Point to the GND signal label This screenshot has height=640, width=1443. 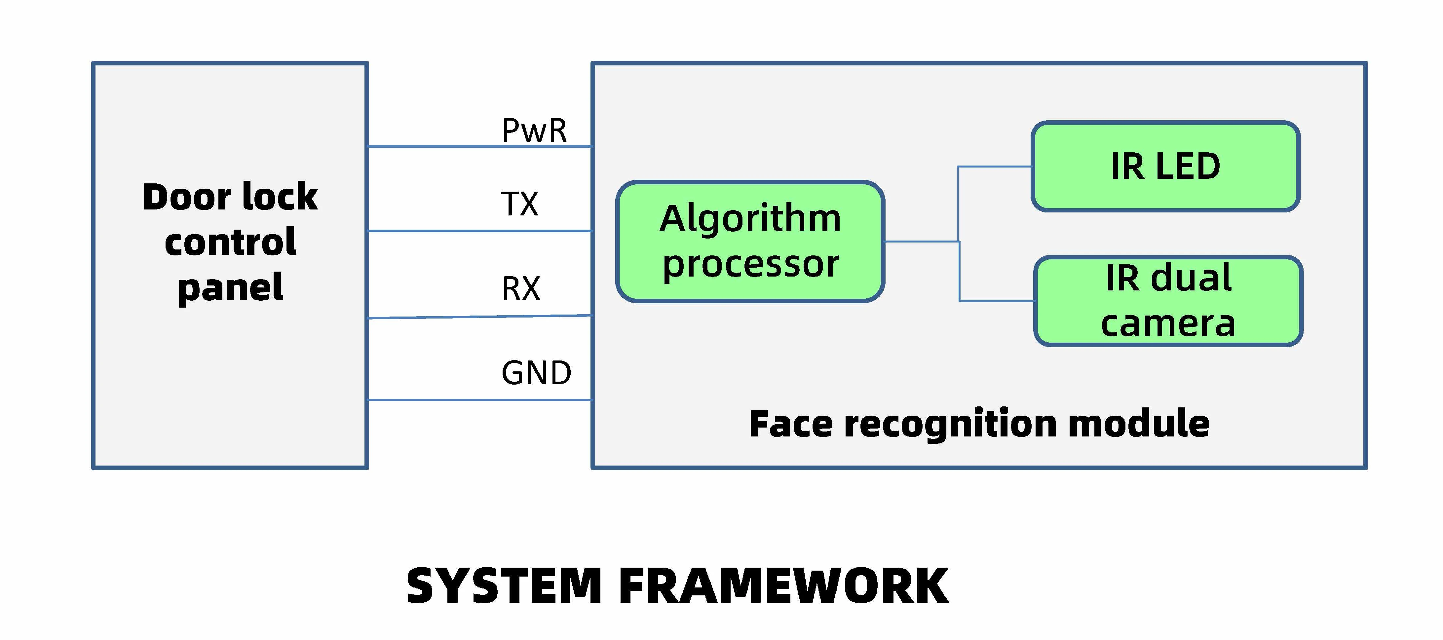point(536,373)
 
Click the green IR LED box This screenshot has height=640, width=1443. point(1165,166)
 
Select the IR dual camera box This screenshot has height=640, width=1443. point(1168,301)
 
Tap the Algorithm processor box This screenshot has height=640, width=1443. point(750,241)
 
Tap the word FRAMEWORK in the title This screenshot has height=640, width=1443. point(783,586)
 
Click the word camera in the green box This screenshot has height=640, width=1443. point(1168,324)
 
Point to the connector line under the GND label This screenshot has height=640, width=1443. point(479,400)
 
